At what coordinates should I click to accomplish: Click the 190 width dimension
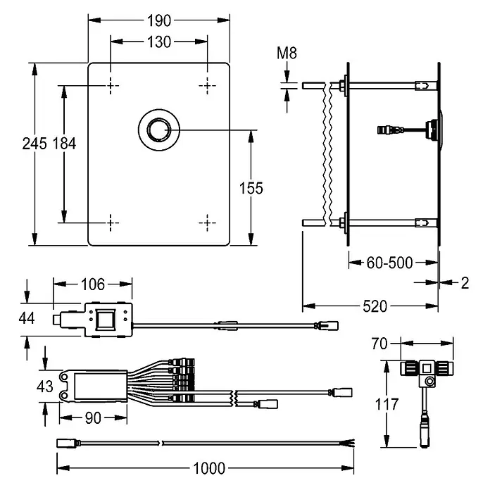click(159, 21)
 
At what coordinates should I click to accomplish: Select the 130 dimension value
click(159, 42)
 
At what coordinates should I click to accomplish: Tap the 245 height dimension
click(34, 144)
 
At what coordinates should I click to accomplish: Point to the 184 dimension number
click(64, 144)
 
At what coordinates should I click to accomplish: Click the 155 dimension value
click(251, 189)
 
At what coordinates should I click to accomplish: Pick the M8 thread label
click(287, 53)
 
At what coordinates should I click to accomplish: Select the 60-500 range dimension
click(389, 263)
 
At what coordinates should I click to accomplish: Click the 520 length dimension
click(375, 306)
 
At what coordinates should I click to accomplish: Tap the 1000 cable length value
click(209, 468)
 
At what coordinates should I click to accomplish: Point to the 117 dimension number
click(387, 404)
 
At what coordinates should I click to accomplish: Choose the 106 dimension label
click(93, 284)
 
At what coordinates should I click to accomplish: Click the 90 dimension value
click(93, 418)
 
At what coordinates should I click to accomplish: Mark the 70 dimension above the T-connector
click(379, 344)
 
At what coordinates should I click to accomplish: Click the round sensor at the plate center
click(159, 130)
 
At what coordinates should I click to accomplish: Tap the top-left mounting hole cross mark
click(111, 85)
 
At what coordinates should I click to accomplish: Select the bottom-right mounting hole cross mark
click(207, 222)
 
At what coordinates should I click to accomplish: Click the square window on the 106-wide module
click(106, 320)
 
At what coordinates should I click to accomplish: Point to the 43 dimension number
click(44, 387)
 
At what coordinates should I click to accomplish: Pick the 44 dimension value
click(27, 318)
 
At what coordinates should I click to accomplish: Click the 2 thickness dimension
click(465, 283)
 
